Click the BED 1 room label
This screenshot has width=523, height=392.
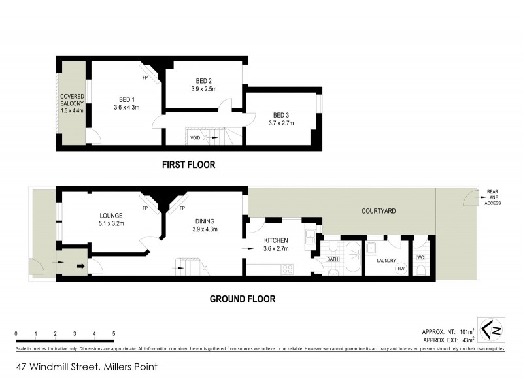click(123, 98)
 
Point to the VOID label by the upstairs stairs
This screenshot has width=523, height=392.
click(195, 138)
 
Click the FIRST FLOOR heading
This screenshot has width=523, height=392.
click(188, 165)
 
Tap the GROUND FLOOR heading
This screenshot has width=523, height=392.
click(242, 299)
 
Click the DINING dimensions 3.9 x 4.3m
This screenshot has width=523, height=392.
click(204, 229)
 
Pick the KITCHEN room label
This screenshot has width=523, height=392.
click(276, 240)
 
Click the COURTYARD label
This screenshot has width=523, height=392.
click(379, 211)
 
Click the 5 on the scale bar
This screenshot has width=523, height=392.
click(114, 333)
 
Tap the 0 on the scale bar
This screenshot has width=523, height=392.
click(16, 333)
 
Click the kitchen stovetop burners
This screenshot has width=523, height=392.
click(287, 269)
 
